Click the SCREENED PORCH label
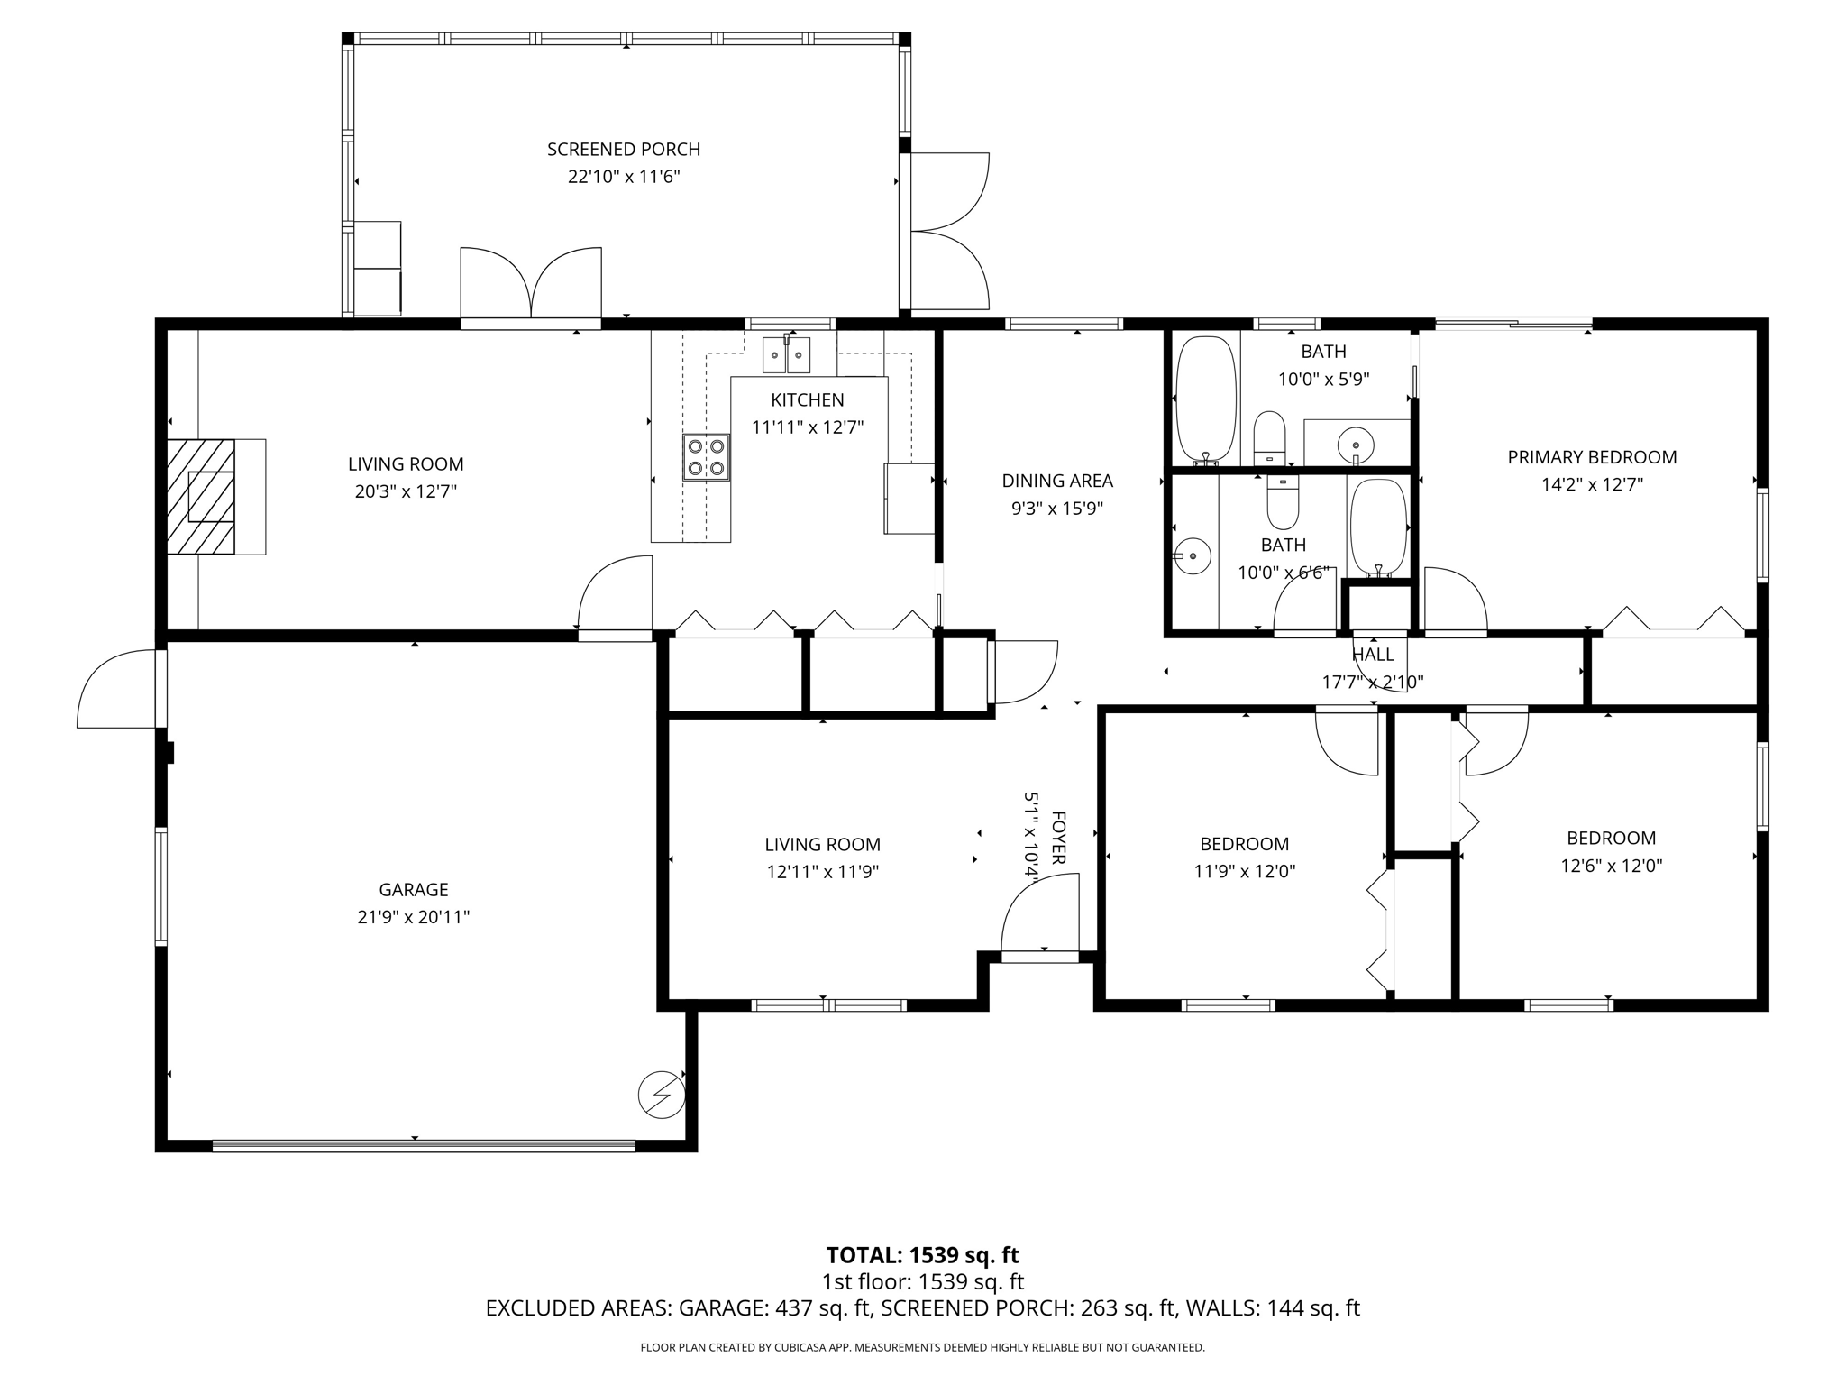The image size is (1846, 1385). [x=623, y=150]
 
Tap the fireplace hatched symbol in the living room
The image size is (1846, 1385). [x=201, y=496]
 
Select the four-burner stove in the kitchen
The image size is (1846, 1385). [x=706, y=457]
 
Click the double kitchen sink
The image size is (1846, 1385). [x=786, y=355]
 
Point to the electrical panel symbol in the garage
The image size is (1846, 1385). [x=661, y=1096]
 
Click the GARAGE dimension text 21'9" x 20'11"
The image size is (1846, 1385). [x=413, y=917]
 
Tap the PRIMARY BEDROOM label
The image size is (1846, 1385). [x=1591, y=457]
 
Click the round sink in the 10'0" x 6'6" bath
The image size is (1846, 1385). [x=1193, y=556]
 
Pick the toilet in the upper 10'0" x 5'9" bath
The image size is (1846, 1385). [x=1269, y=436]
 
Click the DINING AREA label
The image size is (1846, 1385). [x=1057, y=481]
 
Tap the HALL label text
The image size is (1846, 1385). [x=1373, y=655]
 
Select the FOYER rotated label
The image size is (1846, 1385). [x=1058, y=838]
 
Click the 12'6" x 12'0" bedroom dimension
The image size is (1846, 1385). [x=1611, y=866]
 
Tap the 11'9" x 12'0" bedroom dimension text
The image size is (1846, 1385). [x=1244, y=871]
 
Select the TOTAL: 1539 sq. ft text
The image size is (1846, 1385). [x=922, y=1255]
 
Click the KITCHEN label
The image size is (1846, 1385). [x=807, y=399]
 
